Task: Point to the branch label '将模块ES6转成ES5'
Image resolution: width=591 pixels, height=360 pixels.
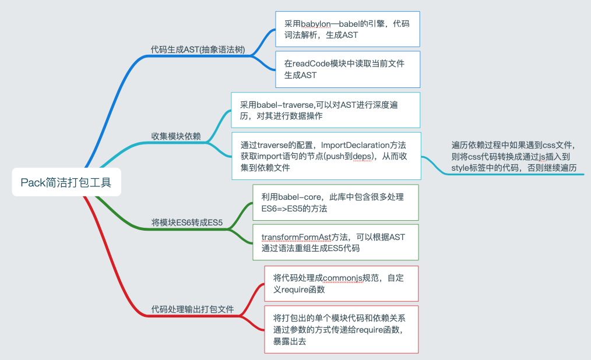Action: pos(187,222)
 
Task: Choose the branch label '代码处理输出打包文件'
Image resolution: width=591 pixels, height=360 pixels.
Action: pos(192,309)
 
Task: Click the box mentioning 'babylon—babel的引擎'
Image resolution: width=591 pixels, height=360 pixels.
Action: pos(347,29)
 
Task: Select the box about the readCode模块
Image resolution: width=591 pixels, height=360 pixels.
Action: pos(347,69)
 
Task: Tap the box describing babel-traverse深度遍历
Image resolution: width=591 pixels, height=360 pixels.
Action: pos(325,110)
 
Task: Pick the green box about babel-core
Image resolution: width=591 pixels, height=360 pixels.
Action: pos(335,203)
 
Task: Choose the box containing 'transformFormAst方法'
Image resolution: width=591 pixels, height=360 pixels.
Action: pos(335,242)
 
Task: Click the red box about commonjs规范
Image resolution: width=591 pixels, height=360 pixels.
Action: pos(341,283)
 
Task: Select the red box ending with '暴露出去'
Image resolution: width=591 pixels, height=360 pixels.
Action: pos(341,329)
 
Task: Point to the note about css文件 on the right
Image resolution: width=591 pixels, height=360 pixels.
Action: pos(516,156)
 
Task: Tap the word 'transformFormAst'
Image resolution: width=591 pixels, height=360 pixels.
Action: pos(296,237)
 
